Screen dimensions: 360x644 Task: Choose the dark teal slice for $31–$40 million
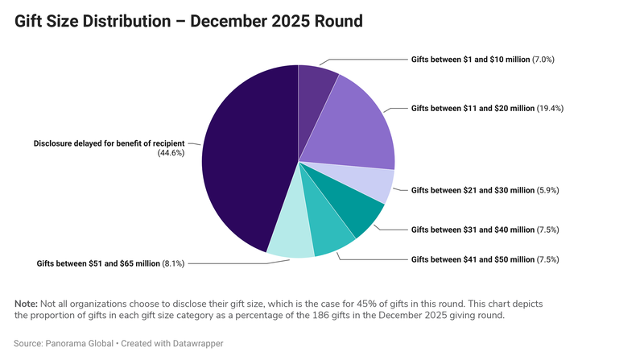[358, 211]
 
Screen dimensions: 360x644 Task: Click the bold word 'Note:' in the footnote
[26, 303]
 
